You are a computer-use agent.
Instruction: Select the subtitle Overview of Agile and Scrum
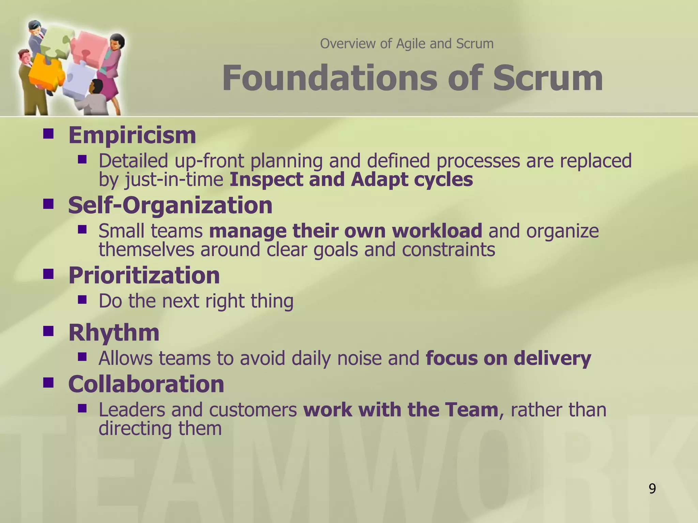pyautogui.click(x=407, y=44)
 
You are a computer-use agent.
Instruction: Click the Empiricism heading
pyautogui.click(x=132, y=135)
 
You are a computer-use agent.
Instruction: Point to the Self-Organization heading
pyautogui.click(x=170, y=205)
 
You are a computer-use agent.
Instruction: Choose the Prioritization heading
pyautogui.click(x=144, y=275)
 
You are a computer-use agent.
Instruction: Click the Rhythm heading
pyautogui.click(x=114, y=332)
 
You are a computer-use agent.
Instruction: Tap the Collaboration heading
pyautogui.click(x=146, y=384)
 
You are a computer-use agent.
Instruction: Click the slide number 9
pyautogui.click(x=652, y=489)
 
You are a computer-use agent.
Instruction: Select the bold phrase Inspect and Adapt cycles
pyautogui.click(x=351, y=179)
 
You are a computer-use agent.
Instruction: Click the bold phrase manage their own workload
pyautogui.click(x=346, y=231)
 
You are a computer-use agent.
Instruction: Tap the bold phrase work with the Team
pyautogui.click(x=401, y=409)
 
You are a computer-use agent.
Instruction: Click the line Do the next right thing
pyautogui.click(x=196, y=301)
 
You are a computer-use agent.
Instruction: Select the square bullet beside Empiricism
pyautogui.click(x=49, y=134)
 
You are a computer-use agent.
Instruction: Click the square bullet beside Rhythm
pyautogui.click(x=49, y=331)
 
